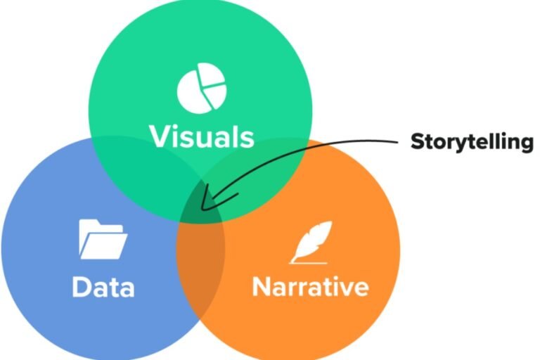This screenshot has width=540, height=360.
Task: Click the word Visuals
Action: coord(202,136)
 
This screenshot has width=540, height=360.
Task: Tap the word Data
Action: coord(103,287)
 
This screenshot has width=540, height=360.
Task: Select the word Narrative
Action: coord(310,287)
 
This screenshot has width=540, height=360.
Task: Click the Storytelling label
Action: coord(472,141)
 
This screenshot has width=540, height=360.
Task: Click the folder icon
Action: coord(103,239)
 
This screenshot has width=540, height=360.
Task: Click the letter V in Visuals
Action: coord(157,136)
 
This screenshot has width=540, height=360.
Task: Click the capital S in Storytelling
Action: coord(417,141)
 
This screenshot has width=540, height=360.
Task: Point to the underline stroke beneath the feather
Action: coord(307,262)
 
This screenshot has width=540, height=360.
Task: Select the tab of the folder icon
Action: coord(90,224)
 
